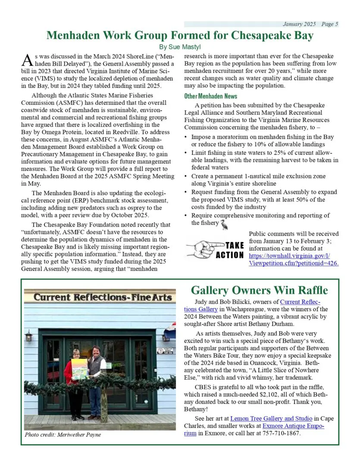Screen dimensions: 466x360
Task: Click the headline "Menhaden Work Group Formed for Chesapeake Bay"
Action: [x=180, y=35]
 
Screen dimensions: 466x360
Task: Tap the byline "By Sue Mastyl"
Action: [x=180, y=47]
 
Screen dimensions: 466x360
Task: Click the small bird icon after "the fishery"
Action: [x=224, y=224]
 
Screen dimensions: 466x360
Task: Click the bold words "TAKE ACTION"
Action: [x=230, y=250]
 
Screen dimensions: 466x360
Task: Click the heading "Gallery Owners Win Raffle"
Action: [x=259, y=290]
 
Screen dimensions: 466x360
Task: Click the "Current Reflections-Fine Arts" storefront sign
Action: [x=103, y=298]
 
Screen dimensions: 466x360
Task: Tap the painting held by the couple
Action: [x=79, y=369]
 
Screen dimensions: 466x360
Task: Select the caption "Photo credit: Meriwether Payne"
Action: [x=63, y=435]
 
